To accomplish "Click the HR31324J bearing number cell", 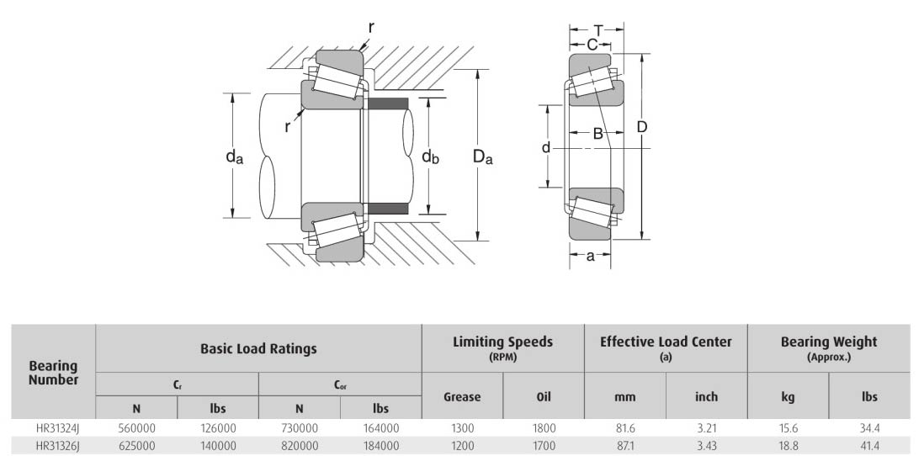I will [x=54, y=428].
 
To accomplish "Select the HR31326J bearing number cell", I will [x=54, y=445].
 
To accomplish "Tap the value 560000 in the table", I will [x=137, y=428].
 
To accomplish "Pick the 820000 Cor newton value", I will [x=300, y=445].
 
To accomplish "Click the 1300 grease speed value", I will [x=462, y=428].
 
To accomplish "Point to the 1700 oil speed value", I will [x=544, y=445].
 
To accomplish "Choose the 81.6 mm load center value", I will [x=624, y=428].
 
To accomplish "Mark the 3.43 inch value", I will [x=706, y=445].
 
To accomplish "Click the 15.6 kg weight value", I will [x=788, y=428].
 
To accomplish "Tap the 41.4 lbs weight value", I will [x=869, y=445].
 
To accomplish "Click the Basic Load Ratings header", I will [x=258, y=348].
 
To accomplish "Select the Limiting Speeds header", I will [x=502, y=342].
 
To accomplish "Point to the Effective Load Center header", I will [x=666, y=342].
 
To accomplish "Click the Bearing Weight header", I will [x=828, y=342].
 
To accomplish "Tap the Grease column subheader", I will [x=462, y=396].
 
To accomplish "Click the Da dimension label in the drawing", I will [x=482, y=156].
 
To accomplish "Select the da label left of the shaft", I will [x=233, y=157].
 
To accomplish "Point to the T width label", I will [x=597, y=30].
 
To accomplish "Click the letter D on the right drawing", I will [x=641, y=127].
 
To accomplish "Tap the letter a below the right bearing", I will [x=590, y=257].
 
